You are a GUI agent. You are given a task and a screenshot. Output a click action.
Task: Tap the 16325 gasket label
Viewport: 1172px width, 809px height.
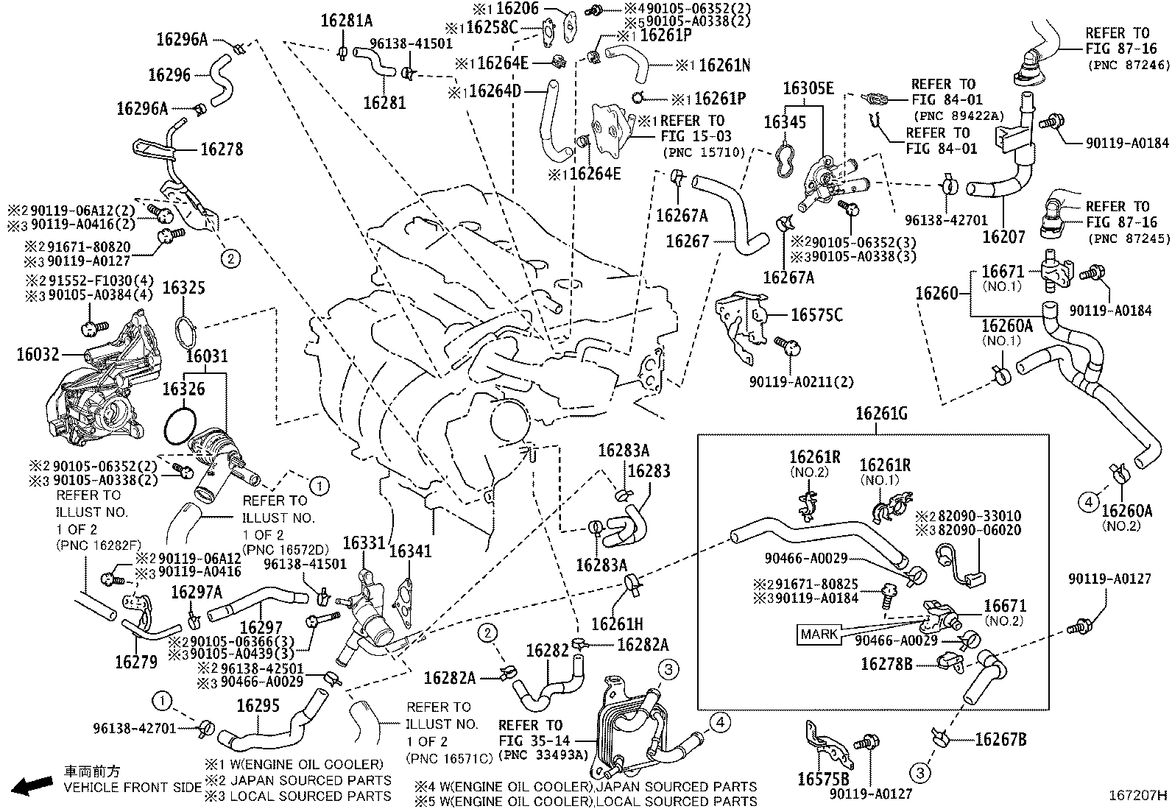pos(183,288)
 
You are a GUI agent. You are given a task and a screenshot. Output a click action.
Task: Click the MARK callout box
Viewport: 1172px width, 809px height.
pos(819,634)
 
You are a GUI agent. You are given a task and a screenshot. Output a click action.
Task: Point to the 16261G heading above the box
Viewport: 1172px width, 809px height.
pos(880,414)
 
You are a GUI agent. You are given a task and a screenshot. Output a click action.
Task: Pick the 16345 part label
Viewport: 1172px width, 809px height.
pos(785,122)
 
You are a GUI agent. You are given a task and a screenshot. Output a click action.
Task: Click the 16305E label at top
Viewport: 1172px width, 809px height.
pos(808,89)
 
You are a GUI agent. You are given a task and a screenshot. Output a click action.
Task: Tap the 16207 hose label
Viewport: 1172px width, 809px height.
pos(1003,237)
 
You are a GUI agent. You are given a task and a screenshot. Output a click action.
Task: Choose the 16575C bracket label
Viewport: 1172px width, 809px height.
pos(816,315)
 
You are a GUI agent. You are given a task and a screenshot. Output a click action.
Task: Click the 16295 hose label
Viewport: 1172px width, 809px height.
pos(258,705)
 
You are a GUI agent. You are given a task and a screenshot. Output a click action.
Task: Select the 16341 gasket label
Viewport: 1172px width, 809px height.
pos(410,551)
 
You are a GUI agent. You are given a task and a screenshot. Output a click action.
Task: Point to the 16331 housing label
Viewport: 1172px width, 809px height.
pos(364,543)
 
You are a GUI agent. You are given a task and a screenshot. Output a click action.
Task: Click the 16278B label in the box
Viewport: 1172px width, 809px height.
pos(886,664)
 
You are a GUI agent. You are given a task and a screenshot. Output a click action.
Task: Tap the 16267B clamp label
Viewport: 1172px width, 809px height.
pos(1000,740)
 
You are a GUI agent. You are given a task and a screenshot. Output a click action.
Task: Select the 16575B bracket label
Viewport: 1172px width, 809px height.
pos(824,779)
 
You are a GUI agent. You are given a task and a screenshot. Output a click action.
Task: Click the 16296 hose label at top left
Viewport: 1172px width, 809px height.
pos(169,74)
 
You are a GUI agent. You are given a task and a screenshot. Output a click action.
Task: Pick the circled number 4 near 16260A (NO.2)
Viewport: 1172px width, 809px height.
pos(1089,503)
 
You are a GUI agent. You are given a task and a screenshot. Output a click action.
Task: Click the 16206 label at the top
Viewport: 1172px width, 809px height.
pos(518,9)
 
